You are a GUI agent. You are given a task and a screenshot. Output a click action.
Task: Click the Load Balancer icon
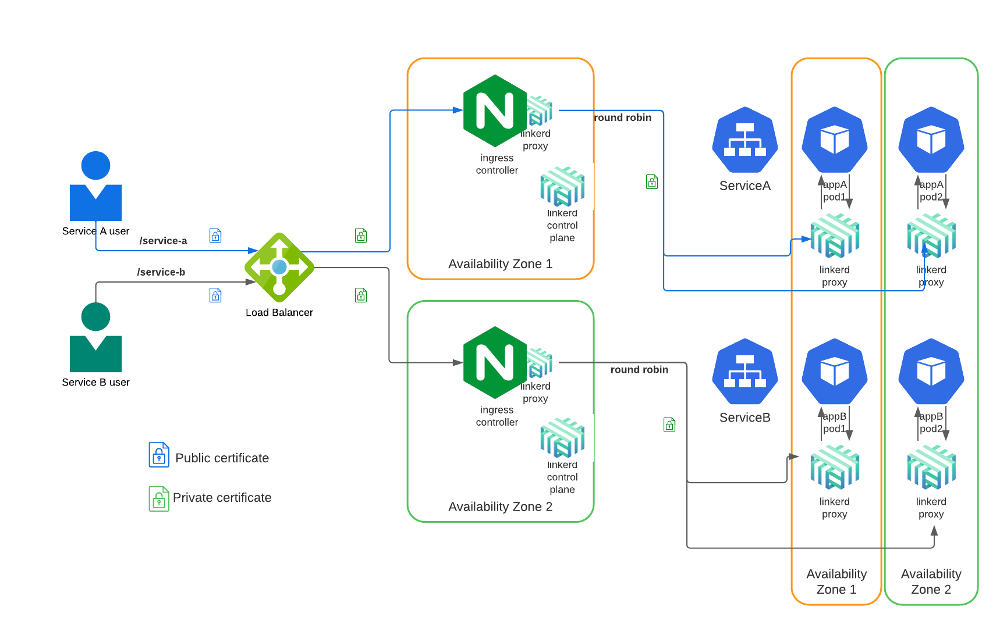click(279, 267)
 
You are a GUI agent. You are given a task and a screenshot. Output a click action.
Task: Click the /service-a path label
click(163, 241)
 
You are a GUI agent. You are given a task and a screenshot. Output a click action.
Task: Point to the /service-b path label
click(161, 272)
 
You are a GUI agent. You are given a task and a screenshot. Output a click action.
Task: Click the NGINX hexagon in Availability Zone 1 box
click(495, 110)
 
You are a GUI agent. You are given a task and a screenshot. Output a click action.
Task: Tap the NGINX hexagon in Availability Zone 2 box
click(495, 362)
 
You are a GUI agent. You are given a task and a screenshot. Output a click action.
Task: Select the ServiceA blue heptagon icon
click(745, 140)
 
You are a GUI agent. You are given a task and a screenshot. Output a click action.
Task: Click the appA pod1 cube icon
click(835, 140)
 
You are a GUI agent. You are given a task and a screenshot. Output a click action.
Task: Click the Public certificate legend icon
click(159, 455)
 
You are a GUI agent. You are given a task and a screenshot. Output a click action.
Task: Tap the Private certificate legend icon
click(159, 498)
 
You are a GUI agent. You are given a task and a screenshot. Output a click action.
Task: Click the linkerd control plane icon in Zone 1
click(562, 187)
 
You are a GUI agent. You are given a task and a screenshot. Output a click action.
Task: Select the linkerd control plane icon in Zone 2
click(562, 438)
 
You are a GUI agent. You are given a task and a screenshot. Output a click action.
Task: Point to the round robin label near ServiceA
click(622, 117)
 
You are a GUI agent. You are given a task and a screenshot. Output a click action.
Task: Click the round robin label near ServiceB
click(639, 370)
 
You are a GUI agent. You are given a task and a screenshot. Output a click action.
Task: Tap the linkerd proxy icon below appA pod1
click(835, 236)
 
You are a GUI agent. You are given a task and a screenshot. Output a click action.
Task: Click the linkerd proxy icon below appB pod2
click(931, 468)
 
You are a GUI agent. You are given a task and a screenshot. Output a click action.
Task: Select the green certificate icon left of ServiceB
click(669, 424)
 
